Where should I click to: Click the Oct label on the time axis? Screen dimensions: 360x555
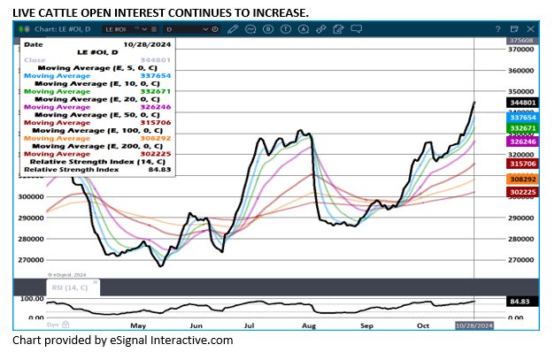click(x=423, y=325)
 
